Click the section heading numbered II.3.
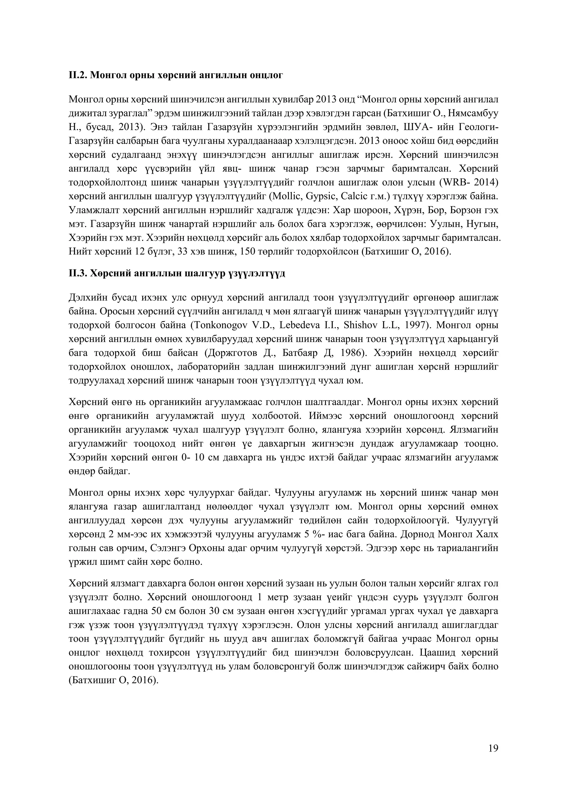[x=177, y=273]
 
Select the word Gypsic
[x=317, y=196]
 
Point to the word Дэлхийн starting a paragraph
[x=87, y=298]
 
